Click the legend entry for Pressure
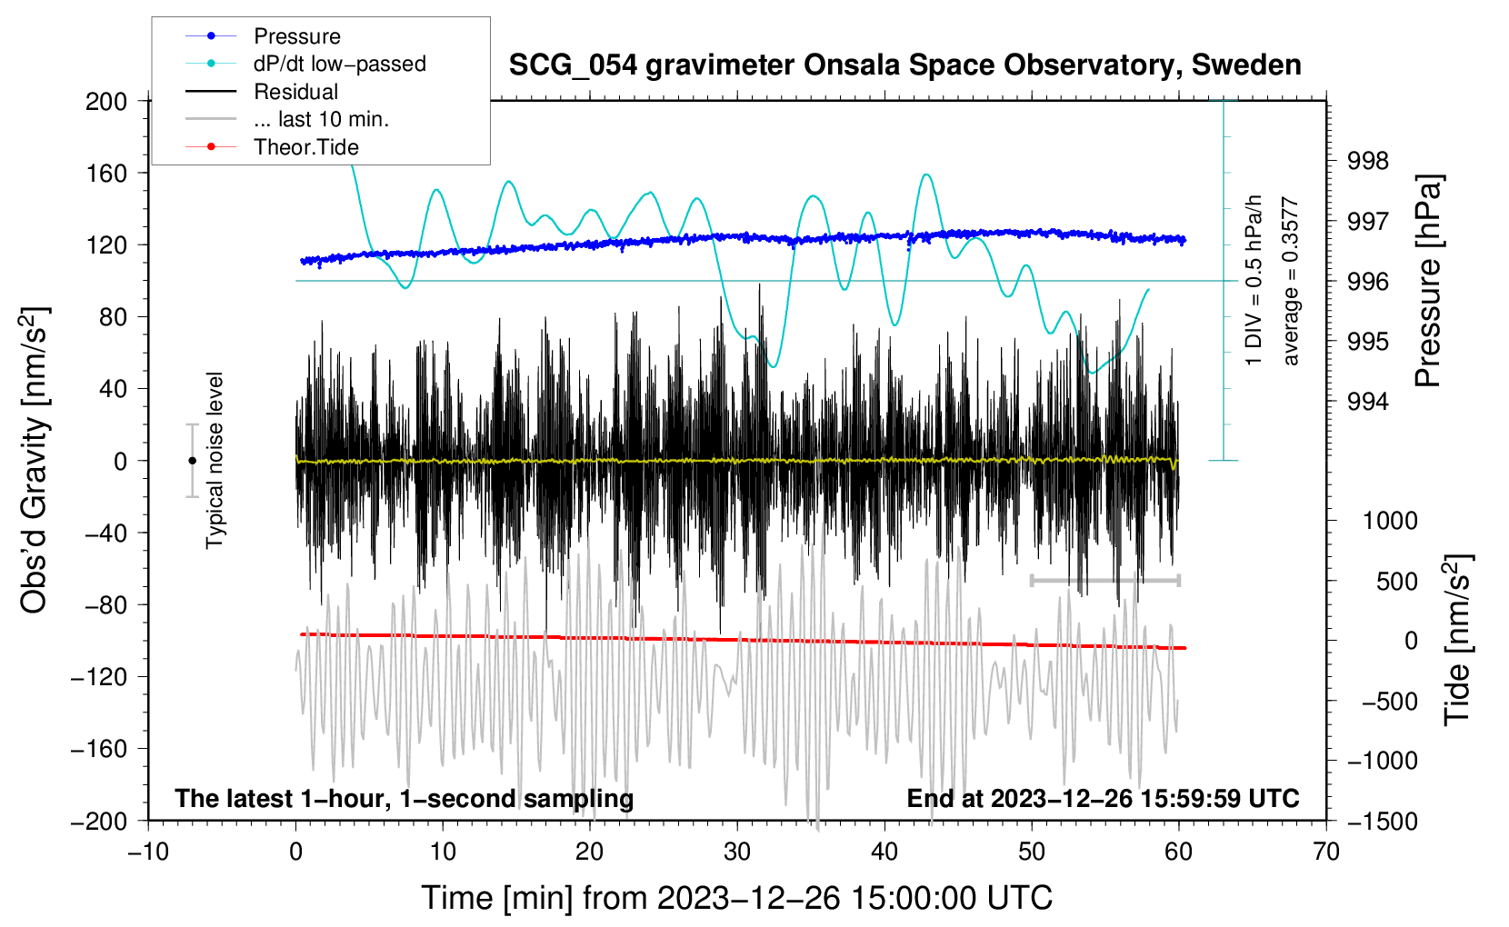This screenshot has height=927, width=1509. click(296, 36)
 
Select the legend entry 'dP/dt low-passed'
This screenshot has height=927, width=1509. click(339, 64)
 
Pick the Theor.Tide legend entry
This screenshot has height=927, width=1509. click(305, 147)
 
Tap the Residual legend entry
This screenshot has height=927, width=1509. click(295, 92)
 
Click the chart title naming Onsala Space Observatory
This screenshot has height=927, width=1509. click(904, 65)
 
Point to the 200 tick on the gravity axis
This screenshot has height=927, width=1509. click(106, 101)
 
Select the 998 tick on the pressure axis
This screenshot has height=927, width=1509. click(1369, 161)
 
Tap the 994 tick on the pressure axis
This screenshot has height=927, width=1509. click(1369, 402)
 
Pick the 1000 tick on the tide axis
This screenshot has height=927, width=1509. click(1390, 521)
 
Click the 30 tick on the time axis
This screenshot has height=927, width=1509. click(737, 852)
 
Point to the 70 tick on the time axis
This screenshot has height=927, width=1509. click(1326, 852)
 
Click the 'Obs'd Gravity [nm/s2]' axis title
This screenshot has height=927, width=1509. click(35, 460)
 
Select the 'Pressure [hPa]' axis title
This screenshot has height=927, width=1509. click(1429, 282)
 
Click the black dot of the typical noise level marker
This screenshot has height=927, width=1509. click(192, 461)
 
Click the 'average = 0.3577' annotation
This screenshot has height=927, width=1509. click(1291, 282)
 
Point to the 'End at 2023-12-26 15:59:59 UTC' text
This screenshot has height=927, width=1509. click(1103, 798)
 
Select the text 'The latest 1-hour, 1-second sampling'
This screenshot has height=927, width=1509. click(405, 798)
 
